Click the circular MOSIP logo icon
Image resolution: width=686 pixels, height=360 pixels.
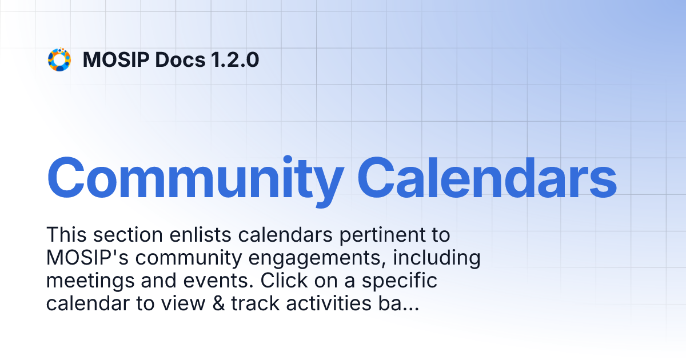[59, 59]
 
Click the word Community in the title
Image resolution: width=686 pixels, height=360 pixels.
[195, 177]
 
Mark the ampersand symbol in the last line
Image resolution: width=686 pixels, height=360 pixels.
[219, 304]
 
